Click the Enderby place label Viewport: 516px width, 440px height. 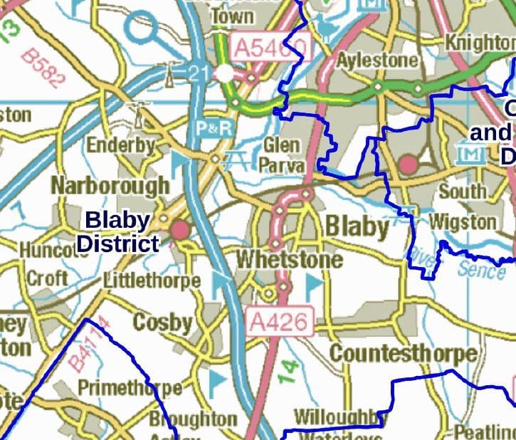click(x=121, y=146)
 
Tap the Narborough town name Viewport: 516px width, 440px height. click(x=110, y=185)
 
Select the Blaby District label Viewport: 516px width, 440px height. click(x=117, y=231)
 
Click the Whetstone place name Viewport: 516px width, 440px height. click(x=289, y=259)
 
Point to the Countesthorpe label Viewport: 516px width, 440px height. click(x=403, y=353)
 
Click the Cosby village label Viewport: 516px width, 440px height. click(x=163, y=323)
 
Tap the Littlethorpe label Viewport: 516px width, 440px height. click(x=152, y=281)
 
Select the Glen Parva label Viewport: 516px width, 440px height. click(x=284, y=155)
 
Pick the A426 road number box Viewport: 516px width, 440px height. click(x=280, y=322)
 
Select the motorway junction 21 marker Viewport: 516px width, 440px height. click(x=199, y=72)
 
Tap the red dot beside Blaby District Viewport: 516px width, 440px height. click(x=180, y=229)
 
